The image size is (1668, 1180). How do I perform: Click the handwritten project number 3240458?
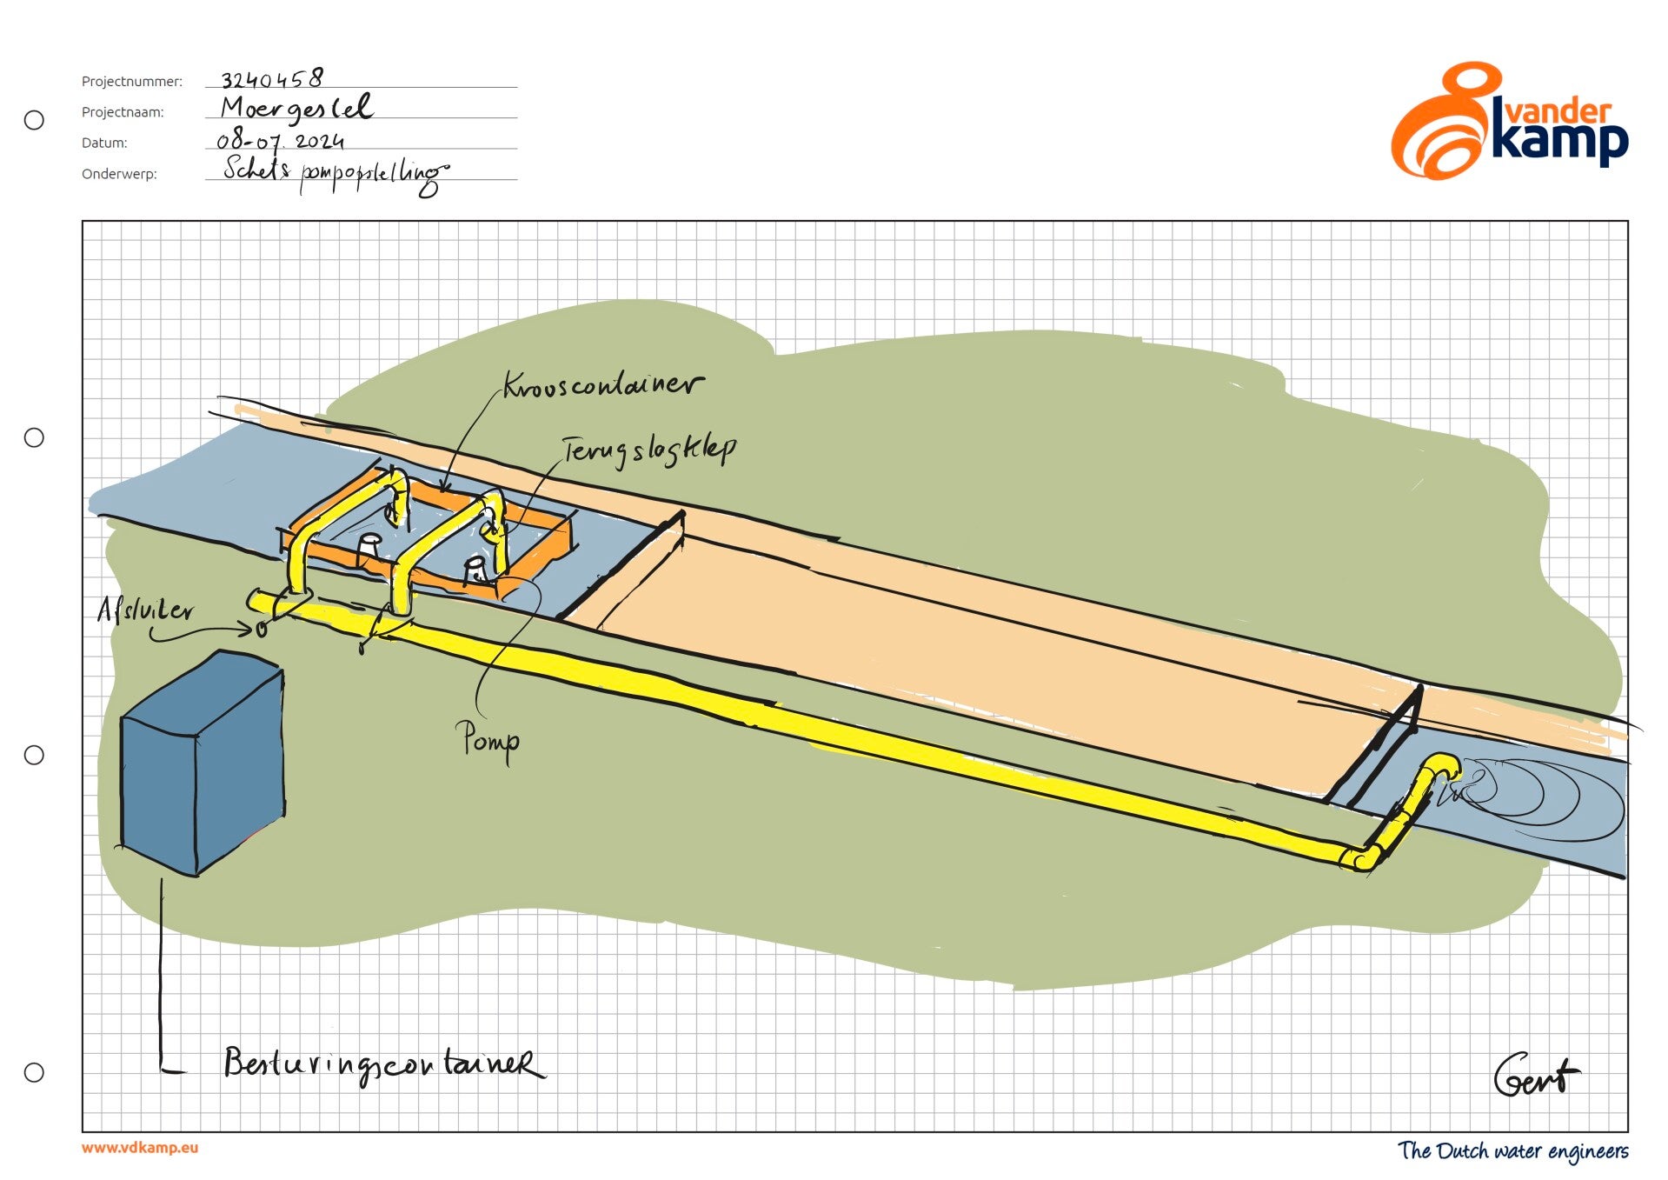click(x=272, y=79)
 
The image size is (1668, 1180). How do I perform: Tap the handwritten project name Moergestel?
click(x=296, y=109)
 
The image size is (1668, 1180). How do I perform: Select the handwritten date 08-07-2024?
click(x=280, y=141)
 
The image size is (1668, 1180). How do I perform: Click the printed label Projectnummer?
click(x=132, y=82)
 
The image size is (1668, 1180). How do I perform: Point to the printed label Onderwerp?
click(x=119, y=174)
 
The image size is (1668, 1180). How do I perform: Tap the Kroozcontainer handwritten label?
click(x=603, y=385)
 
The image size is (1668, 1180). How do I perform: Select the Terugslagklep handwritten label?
click(x=648, y=450)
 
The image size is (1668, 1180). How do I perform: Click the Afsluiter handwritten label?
click(x=145, y=610)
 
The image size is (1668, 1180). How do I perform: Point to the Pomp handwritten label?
click(x=489, y=741)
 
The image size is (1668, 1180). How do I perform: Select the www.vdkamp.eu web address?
click(x=140, y=1148)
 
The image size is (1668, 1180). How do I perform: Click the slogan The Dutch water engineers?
click(x=1512, y=1151)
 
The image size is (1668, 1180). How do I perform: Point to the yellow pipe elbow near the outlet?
click(x=1360, y=858)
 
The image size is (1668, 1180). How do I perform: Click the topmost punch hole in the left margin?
click(x=34, y=120)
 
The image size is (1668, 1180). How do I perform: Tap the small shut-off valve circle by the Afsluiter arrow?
click(x=262, y=629)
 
